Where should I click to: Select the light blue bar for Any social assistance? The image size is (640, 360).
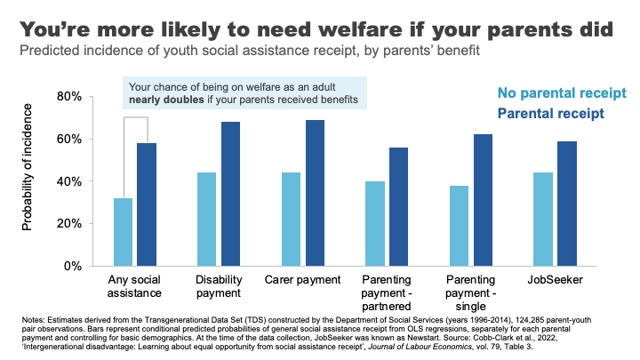124,231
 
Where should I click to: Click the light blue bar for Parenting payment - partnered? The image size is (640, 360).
376,223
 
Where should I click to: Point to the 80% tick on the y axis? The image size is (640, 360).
73,96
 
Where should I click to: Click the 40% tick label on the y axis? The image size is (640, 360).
73,181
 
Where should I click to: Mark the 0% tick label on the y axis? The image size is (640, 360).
76,266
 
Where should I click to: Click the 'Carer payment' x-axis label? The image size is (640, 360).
303,280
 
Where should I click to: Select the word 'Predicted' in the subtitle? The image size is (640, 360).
55,51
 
